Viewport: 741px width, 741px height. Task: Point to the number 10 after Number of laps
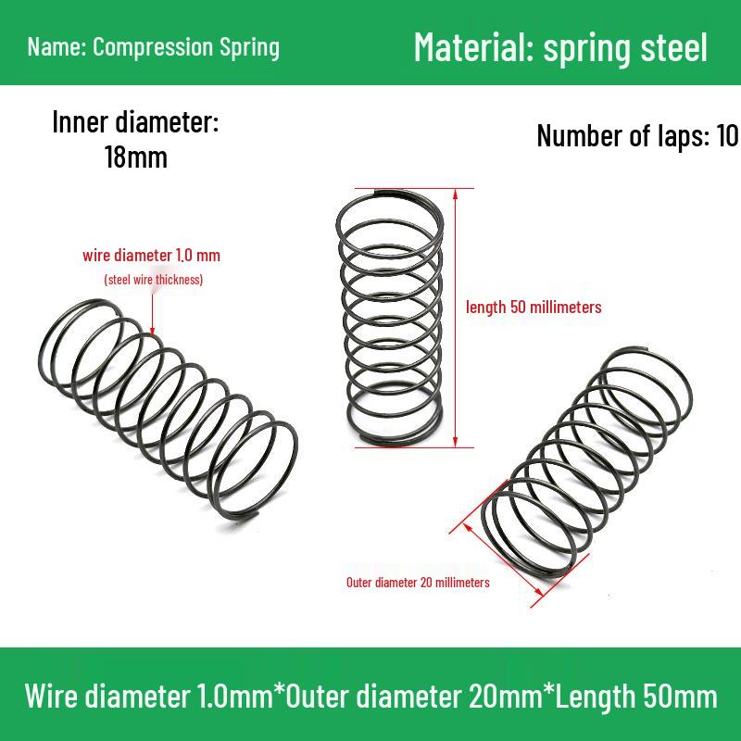726,136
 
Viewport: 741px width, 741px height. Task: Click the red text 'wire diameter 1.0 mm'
151,255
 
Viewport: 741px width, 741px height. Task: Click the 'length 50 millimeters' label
534,307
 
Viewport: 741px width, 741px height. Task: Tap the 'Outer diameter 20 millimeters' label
418,583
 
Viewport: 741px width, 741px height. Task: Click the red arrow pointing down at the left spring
151,310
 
